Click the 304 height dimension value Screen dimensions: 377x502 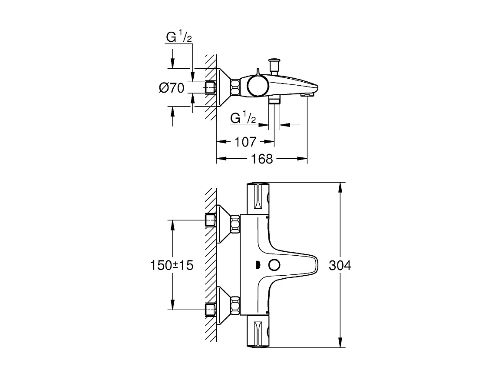click(340, 265)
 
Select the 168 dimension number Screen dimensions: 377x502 click(262, 159)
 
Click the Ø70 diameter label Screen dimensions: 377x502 click(172, 88)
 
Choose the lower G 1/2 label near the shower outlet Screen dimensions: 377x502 click(243, 118)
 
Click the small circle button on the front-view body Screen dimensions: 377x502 click(274, 265)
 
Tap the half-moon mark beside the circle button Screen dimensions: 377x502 click(258, 265)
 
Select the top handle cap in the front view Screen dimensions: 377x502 click(259, 198)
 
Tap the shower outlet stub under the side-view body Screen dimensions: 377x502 click(274, 100)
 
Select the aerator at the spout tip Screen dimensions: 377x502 click(307, 94)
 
